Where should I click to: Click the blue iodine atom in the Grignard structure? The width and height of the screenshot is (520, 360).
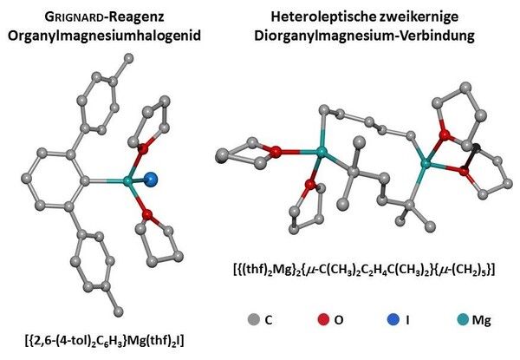tap(151, 179)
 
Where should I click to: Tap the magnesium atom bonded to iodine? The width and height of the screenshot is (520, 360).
tap(127, 181)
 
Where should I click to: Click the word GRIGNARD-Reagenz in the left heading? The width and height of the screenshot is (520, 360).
tap(105, 17)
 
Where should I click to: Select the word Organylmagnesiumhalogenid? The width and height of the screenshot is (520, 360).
tap(105, 36)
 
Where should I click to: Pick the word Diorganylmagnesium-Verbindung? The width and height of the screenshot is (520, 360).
tap(365, 36)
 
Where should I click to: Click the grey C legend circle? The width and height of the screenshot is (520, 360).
tap(254, 319)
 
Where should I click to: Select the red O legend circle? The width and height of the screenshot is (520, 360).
tap(323, 319)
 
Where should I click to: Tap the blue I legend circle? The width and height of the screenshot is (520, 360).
tap(393, 319)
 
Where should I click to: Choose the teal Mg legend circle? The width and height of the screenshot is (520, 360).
tap(462, 319)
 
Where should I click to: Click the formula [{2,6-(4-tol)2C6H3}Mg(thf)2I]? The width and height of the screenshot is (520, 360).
tap(104, 341)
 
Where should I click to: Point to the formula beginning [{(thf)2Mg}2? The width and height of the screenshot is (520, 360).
tap(365, 269)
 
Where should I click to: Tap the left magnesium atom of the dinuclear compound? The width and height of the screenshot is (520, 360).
tap(321, 152)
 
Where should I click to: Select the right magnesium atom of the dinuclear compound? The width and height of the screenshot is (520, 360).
tap(426, 163)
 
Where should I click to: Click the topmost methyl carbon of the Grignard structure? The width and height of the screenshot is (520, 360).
tap(128, 58)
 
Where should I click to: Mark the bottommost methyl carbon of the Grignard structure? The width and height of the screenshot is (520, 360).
tap(118, 311)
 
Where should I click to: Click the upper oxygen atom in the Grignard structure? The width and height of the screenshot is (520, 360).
tap(143, 148)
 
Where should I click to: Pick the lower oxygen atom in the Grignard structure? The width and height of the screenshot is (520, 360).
tap(147, 215)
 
